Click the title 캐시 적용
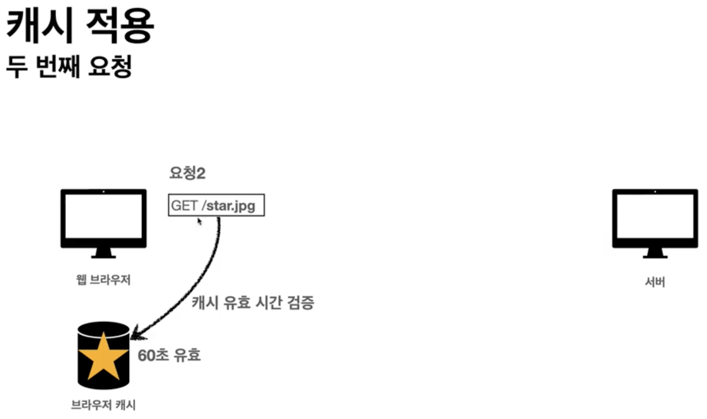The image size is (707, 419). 80,26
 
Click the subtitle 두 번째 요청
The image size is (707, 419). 69,66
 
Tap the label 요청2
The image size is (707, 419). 187,173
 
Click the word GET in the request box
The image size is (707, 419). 184,206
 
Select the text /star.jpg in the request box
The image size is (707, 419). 229,206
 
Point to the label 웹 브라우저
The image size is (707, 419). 103,280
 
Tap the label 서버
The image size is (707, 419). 655,282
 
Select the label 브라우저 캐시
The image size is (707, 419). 103,405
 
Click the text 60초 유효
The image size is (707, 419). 169,355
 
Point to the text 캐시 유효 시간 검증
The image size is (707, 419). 253,302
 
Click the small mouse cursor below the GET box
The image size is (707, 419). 200,221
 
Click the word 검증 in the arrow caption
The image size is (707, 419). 301,302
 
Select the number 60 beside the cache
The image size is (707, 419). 146,355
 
